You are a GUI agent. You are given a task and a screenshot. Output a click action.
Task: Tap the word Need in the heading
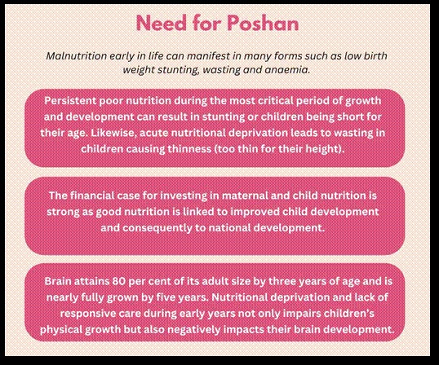pyautogui.click(x=163, y=22)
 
